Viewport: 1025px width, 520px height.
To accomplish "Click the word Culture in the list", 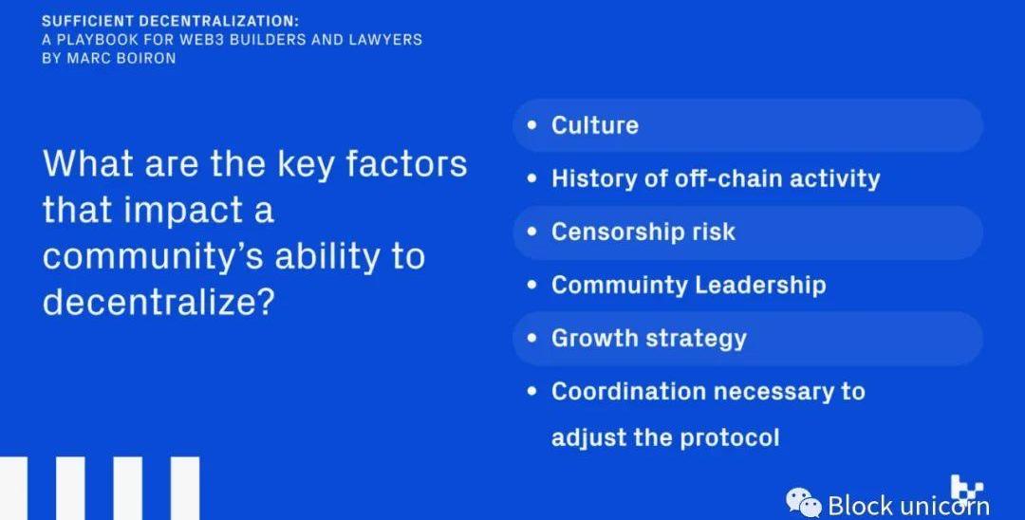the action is [x=595, y=124].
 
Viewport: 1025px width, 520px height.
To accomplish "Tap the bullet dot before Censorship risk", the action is [x=532, y=232].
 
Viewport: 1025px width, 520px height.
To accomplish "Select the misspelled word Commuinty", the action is [x=618, y=286].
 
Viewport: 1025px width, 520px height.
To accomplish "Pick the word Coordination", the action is [x=628, y=391].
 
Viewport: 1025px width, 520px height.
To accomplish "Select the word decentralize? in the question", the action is [x=157, y=302].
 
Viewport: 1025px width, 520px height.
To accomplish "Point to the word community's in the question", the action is [x=155, y=257].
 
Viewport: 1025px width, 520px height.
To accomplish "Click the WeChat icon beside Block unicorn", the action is [x=804, y=503].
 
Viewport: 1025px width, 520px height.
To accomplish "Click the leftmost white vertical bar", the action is [x=13, y=488].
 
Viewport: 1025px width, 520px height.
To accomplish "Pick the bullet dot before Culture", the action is [x=532, y=124].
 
